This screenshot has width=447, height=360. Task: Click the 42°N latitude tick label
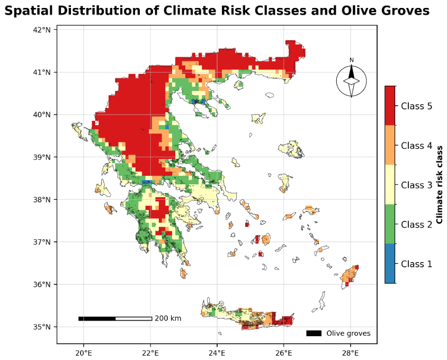[42, 30]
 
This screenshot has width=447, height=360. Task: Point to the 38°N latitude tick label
[42, 200]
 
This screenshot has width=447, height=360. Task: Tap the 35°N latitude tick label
[42, 327]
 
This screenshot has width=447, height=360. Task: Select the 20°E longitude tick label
[84, 353]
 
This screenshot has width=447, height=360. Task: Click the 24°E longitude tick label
[217, 353]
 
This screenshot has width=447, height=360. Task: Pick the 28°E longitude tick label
[351, 353]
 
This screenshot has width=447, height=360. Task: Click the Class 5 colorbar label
[416, 106]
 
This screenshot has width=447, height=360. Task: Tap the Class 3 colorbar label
[416, 185]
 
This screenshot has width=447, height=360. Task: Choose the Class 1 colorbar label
[416, 264]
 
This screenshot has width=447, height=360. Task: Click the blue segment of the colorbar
[390, 263]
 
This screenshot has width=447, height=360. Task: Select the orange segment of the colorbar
[390, 145]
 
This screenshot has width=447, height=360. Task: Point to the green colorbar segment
[390, 224]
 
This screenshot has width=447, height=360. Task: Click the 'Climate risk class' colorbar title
[440, 185]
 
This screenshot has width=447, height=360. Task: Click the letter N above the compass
[352, 60]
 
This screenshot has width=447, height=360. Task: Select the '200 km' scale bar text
[168, 318]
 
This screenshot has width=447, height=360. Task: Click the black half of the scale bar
[97, 318]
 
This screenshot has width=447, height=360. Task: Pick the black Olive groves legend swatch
[314, 333]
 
